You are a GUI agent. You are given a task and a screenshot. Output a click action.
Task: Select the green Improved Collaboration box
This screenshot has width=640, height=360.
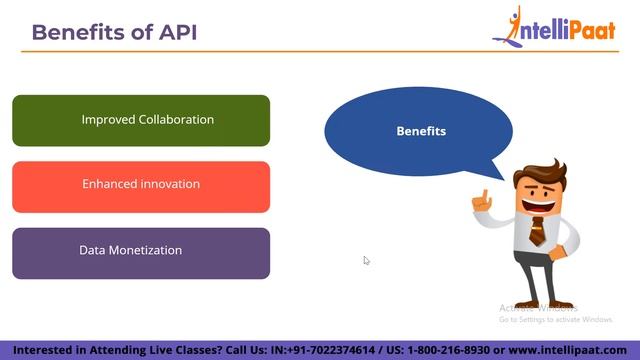click(x=141, y=120)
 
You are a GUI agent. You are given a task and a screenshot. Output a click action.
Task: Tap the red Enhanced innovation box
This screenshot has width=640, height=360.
click(x=141, y=186)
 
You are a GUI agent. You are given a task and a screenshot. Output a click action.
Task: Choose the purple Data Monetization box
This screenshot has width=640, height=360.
click(x=141, y=252)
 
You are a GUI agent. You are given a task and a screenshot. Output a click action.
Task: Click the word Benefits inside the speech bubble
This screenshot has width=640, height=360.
click(x=421, y=131)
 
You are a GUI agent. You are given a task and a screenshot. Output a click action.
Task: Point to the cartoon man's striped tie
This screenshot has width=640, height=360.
click(x=537, y=231)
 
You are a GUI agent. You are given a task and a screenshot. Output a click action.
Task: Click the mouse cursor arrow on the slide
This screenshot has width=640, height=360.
click(x=366, y=260)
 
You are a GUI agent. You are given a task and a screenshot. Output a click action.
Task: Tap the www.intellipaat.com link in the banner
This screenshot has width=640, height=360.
click(x=574, y=350)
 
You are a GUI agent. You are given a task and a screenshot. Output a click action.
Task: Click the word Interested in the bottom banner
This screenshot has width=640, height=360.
click(x=41, y=350)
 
